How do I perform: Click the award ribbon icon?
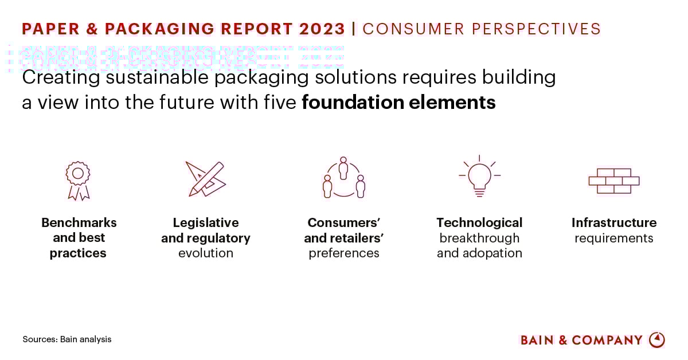click(78, 180)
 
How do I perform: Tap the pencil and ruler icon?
click(205, 179)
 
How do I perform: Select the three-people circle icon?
click(343, 178)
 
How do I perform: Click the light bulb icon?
click(479, 176)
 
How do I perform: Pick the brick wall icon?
click(613, 181)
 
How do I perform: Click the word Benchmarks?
click(79, 222)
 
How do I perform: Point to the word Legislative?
click(206, 222)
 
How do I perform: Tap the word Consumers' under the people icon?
click(344, 222)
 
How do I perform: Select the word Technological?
click(479, 222)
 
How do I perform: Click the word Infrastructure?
click(614, 222)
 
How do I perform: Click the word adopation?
click(495, 253)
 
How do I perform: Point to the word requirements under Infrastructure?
click(614, 238)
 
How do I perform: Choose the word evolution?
click(206, 253)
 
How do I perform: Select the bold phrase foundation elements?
click(398, 103)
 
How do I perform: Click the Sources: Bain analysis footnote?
click(67, 339)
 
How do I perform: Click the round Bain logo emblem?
click(657, 340)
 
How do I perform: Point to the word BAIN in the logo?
click(537, 340)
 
